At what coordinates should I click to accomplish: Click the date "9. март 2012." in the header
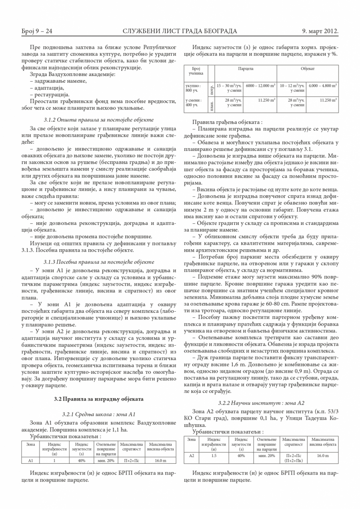point(320,31)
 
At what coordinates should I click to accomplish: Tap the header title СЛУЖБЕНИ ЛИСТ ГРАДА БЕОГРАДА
point(180,31)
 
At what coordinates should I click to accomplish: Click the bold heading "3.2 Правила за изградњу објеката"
point(98,399)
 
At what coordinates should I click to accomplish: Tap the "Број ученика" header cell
point(196,71)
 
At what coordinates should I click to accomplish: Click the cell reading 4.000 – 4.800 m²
point(322,85)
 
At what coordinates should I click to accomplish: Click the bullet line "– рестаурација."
point(50,95)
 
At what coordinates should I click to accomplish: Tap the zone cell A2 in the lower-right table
point(191,455)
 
